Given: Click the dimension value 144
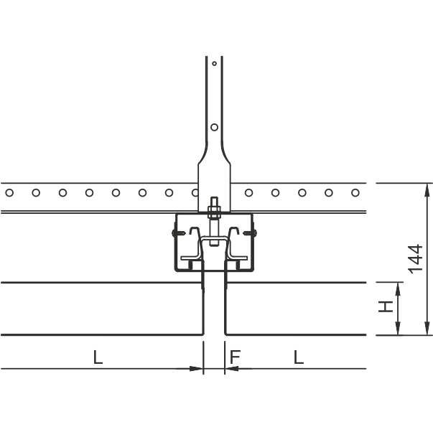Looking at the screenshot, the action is coord(415,259).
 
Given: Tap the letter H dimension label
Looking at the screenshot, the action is coord(386,306).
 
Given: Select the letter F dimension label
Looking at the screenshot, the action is coord(235,357).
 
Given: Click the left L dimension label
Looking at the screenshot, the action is coord(98,357).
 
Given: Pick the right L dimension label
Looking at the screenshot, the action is coord(299,357).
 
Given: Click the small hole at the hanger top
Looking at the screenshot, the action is coord(214,63).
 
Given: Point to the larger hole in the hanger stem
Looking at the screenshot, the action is coord(214,127).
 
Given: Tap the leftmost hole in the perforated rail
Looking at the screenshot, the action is coord(9,192).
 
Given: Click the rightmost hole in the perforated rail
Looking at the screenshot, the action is coord(355,192).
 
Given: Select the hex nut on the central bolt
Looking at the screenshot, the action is coord(214,212).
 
